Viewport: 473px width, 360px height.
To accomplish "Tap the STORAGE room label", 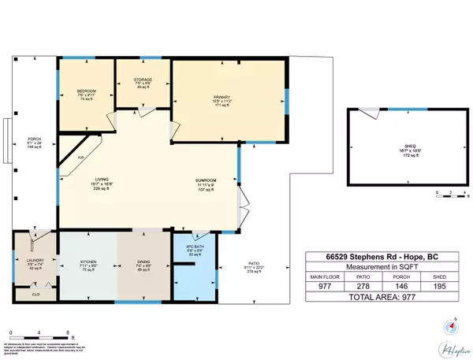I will click(143, 80).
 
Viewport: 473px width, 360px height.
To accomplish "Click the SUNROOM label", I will click(206, 181).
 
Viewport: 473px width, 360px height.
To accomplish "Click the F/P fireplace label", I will click(80, 158).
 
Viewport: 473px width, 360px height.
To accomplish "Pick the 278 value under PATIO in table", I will click(364, 288).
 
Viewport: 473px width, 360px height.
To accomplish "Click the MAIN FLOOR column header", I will click(325, 276).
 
